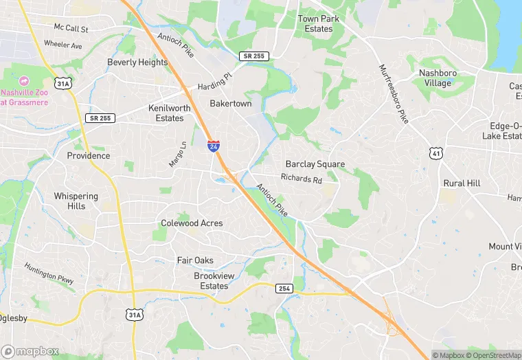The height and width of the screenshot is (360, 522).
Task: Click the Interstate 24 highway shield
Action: coord(214,146)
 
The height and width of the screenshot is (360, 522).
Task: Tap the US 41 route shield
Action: coord(435,153)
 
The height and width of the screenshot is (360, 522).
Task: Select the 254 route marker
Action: coord(285,288)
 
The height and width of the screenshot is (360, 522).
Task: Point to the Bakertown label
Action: coord(231,104)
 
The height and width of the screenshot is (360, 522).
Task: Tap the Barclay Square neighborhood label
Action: coord(315,164)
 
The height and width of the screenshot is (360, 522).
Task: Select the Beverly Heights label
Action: coord(137,63)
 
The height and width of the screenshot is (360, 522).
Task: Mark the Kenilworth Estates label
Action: coord(166,113)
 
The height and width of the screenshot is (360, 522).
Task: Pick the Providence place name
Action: coord(88,156)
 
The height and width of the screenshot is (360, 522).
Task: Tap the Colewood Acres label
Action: coord(192,223)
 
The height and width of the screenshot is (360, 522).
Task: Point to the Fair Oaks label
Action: coord(195,260)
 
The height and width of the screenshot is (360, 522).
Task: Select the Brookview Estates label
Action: coord(211,281)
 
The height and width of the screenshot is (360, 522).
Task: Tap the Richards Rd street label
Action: coord(301,179)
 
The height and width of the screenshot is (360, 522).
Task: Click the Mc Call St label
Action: coord(71,28)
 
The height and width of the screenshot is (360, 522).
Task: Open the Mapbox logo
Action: coord(31,351)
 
